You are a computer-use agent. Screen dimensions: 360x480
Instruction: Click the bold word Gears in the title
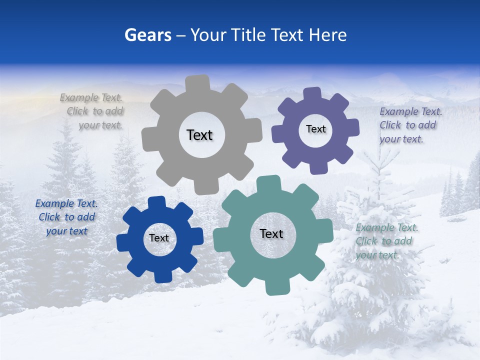click(148, 35)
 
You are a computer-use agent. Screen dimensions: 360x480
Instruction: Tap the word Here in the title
click(327, 35)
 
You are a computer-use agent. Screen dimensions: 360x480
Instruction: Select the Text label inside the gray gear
click(199, 135)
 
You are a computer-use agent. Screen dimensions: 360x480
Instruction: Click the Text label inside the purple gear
click(315, 129)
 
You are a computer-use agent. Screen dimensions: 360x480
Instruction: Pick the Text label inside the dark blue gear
click(159, 238)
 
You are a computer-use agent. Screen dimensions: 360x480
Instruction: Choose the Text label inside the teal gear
click(271, 233)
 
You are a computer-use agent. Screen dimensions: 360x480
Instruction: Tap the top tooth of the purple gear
click(312, 94)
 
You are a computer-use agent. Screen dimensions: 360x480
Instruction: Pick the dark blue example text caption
click(66, 217)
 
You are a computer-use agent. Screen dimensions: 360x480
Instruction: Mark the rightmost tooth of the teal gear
click(325, 231)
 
